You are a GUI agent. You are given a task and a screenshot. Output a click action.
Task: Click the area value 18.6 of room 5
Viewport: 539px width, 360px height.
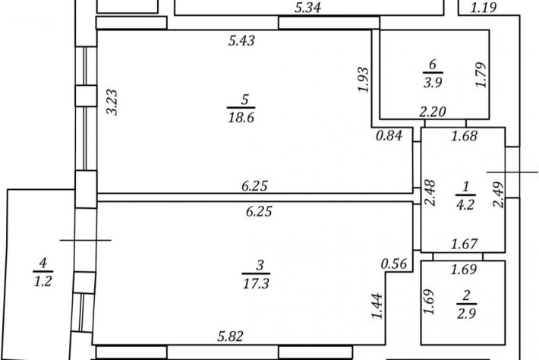pyautogui.click(x=241, y=118)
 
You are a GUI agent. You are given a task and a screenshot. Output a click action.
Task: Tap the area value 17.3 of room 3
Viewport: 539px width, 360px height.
pyautogui.click(x=256, y=283)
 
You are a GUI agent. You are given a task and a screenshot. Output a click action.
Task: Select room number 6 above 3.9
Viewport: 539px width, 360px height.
pyautogui.click(x=433, y=65)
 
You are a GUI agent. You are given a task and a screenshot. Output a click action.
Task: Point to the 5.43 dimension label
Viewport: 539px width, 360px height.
pyautogui.click(x=241, y=40)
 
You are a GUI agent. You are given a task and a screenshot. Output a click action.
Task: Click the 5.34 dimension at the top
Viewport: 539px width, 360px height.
pyautogui.click(x=308, y=8)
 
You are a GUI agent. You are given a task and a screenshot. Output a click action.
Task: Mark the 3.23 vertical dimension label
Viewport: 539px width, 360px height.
pyautogui.click(x=112, y=102)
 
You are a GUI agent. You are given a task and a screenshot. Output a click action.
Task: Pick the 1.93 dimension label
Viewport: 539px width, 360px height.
pyautogui.click(x=363, y=80)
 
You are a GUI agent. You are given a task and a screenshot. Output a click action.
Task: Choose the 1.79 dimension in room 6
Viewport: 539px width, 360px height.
pyautogui.click(x=481, y=74)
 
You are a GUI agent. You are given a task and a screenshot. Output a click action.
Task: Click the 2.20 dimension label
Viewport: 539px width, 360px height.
pyautogui.click(x=433, y=112)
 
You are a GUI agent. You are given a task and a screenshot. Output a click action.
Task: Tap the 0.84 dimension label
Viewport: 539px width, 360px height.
pyautogui.click(x=389, y=135)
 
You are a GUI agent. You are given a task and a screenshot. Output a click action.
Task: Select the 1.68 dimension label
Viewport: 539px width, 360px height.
pyautogui.click(x=465, y=136)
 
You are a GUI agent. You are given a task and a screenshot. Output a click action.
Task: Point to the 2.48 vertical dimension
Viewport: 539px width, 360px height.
pyautogui.click(x=430, y=193)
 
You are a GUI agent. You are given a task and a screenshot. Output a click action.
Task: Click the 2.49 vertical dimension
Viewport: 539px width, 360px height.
pyautogui.click(x=499, y=194)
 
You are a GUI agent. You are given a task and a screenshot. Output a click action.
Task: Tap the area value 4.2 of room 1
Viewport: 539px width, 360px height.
pyautogui.click(x=465, y=205)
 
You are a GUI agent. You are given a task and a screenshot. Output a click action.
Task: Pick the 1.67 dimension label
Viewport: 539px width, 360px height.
pyautogui.click(x=465, y=244)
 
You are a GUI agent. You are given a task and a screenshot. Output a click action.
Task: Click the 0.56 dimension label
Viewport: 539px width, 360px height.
pyautogui.click(x=394, y=264)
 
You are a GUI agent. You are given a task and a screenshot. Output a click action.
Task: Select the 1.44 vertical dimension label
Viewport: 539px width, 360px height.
pyautogui.click(x=377, y=305)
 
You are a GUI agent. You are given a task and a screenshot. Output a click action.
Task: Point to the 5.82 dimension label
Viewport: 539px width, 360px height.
pyautogui.click(x=231, y=336)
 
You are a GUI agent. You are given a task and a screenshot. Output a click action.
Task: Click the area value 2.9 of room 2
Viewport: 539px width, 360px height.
pyautogui.click(x=466, y=314)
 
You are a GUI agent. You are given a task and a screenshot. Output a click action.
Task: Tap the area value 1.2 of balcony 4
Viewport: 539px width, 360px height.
pyautogui.click(x=43, y=282)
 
